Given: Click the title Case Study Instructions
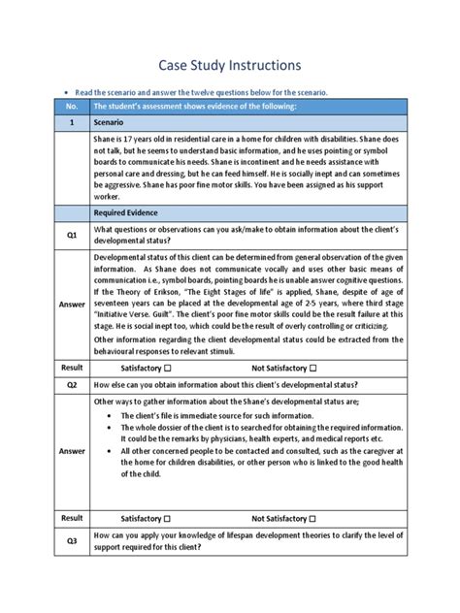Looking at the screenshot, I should (230, 64).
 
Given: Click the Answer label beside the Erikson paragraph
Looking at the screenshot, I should (71, 304).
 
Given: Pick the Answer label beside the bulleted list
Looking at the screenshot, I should (71, 450).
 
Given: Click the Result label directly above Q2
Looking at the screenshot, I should (71, 369).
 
